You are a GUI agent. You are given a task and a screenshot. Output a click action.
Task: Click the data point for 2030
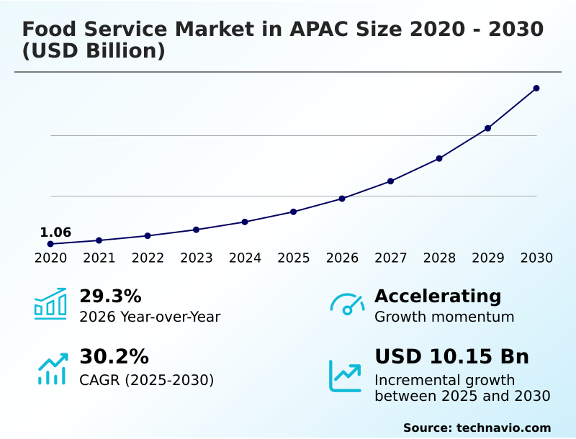click(x=536, y=89)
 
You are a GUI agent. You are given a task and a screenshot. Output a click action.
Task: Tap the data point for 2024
click(x=245, y=222)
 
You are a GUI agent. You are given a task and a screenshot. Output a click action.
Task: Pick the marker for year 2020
click(x=50, y=244)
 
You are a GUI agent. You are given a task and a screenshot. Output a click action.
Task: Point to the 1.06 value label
click(x=55, y=232)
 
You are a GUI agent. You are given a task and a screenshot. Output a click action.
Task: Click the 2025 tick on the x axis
click(x=294, y=258)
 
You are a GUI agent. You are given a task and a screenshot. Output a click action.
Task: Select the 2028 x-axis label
click(x=439, y=258)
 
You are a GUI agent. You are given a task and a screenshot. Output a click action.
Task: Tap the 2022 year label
click(x=148, y=258)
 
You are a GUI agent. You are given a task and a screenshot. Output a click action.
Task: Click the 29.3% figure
click(x=110, y=297)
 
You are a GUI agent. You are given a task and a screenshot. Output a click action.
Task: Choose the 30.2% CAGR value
click(x=114, y=357)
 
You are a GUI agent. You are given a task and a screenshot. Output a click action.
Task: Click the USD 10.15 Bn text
click(x=451, y=357)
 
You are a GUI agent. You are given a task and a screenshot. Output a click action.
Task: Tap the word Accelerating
click(x=438, y=297)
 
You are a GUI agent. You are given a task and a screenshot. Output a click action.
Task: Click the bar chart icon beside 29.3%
click(x=50, y=304)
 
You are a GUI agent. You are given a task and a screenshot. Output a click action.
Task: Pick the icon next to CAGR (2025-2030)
click(x=52, y=368)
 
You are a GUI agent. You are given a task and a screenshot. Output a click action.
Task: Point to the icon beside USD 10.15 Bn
click(x=346, y=376)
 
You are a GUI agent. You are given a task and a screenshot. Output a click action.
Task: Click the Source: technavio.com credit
click(x=477, y=427)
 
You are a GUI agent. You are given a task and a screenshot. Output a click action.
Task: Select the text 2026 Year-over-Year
click(x=150, y=317)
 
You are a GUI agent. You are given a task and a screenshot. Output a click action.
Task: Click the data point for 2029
click(x=487, y=128)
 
